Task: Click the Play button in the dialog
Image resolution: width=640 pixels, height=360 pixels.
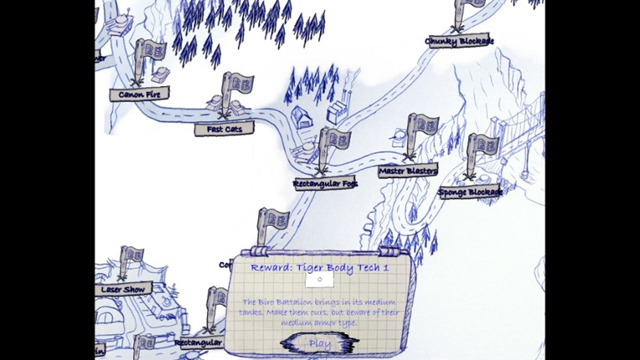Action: point(319,343)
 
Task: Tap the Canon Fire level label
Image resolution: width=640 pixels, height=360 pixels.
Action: point(139,95)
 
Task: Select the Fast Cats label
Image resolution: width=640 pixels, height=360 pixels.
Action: point(224,130)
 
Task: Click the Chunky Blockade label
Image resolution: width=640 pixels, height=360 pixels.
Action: point(458,41)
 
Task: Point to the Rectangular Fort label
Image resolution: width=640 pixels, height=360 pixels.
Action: point(325,183)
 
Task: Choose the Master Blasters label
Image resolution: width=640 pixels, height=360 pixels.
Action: point(408,172)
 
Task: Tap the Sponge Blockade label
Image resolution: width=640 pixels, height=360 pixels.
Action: point(470,193)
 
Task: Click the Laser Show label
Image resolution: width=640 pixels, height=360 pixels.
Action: point(124,290)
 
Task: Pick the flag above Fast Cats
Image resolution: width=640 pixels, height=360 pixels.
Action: point(237,85)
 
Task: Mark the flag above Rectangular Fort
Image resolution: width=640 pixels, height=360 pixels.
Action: point(333,140)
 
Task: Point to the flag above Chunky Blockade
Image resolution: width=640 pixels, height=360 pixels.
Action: point(470,7)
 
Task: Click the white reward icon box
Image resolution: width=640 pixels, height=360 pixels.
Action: point(319,280)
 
